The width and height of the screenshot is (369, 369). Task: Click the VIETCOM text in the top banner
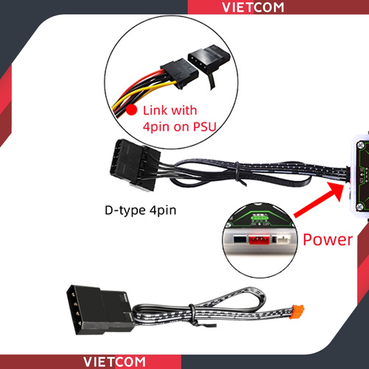tap(253, 7)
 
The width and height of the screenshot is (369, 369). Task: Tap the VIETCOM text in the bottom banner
tap(114, 362)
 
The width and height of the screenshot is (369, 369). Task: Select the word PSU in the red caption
tap(204, 126)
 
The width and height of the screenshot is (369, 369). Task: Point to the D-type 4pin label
tap(140, 210)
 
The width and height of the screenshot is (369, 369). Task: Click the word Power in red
tap(327, 239)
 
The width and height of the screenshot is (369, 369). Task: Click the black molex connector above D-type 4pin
tap(133, 164)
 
